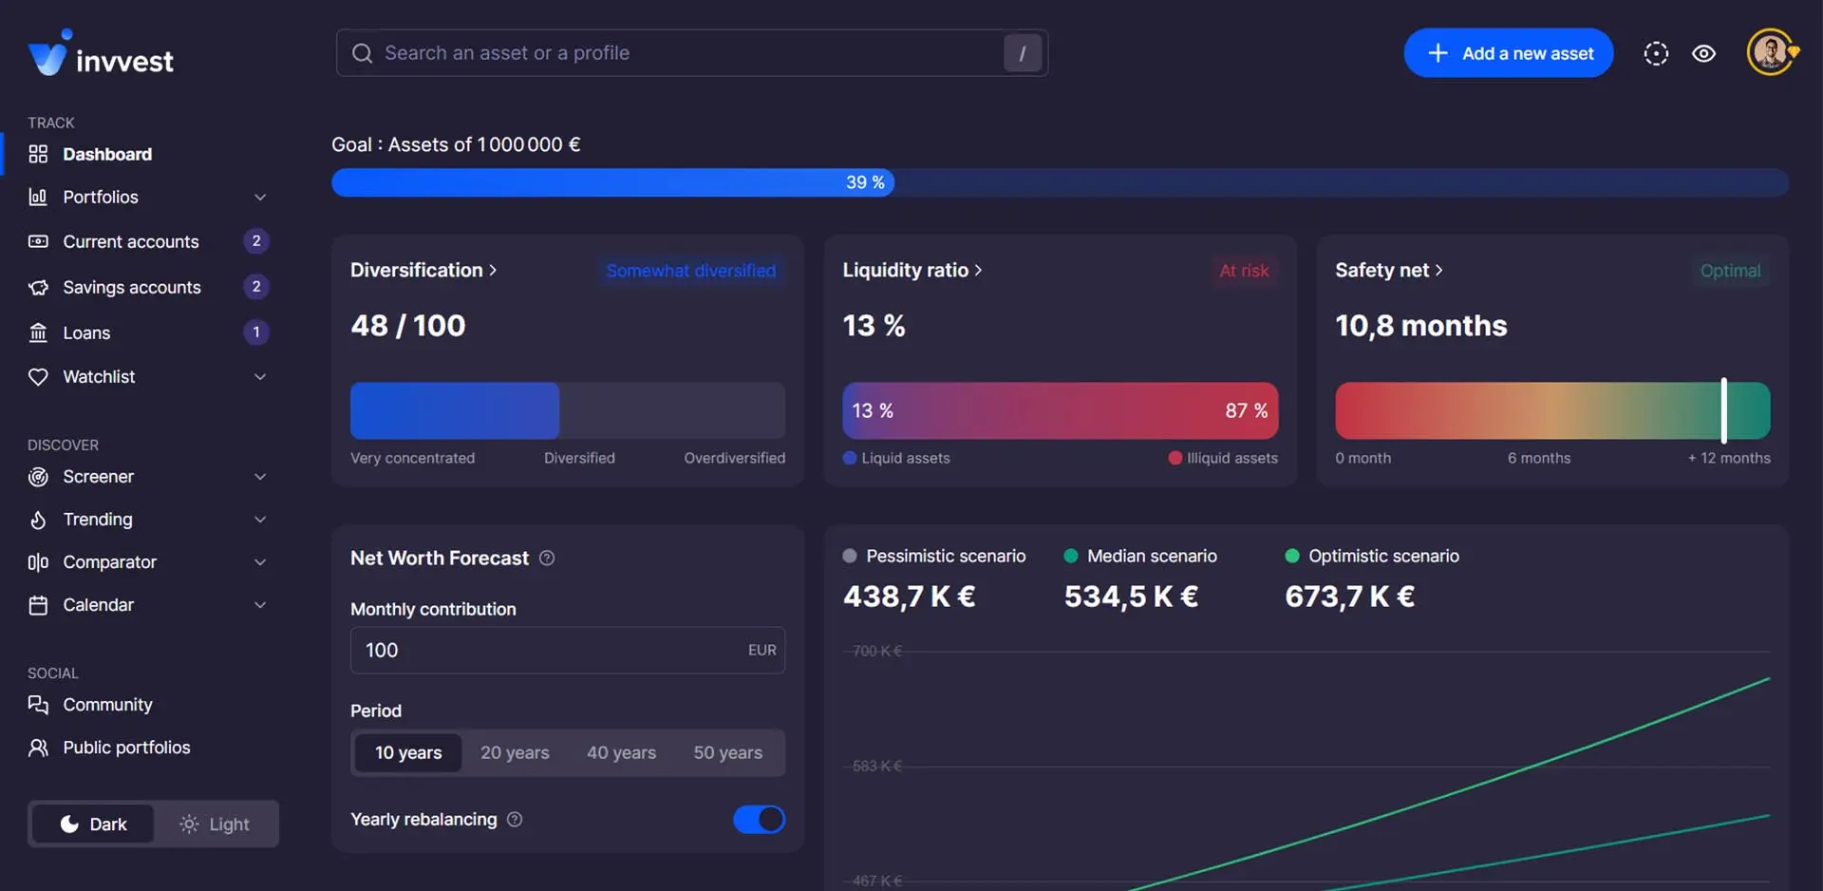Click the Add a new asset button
click(x=1508, y=53)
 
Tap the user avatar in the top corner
click(x=1770, y=52)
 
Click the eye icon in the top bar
click(x=1704, y=54)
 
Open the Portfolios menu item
click(x=101, y=198)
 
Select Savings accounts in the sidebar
click(x=132, y=288)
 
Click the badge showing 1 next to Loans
click(x=256, y=332)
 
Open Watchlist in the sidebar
click(x=99, y=377)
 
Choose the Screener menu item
click(x=98, y=477)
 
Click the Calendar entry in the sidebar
click(x=98, y=605)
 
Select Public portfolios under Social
click(x=126, y=748)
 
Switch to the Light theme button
click(x=216, y=825)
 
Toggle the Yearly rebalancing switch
click(x=759, y=820)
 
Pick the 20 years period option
click(x=515, y=753)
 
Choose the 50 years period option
click(x=727, y=753)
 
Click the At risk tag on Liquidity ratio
click(x=1244, y=272)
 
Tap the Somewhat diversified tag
click(x=691, y=272)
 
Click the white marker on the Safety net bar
click(x=1724, y=410)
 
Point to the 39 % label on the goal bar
click(x=865, y=182)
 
